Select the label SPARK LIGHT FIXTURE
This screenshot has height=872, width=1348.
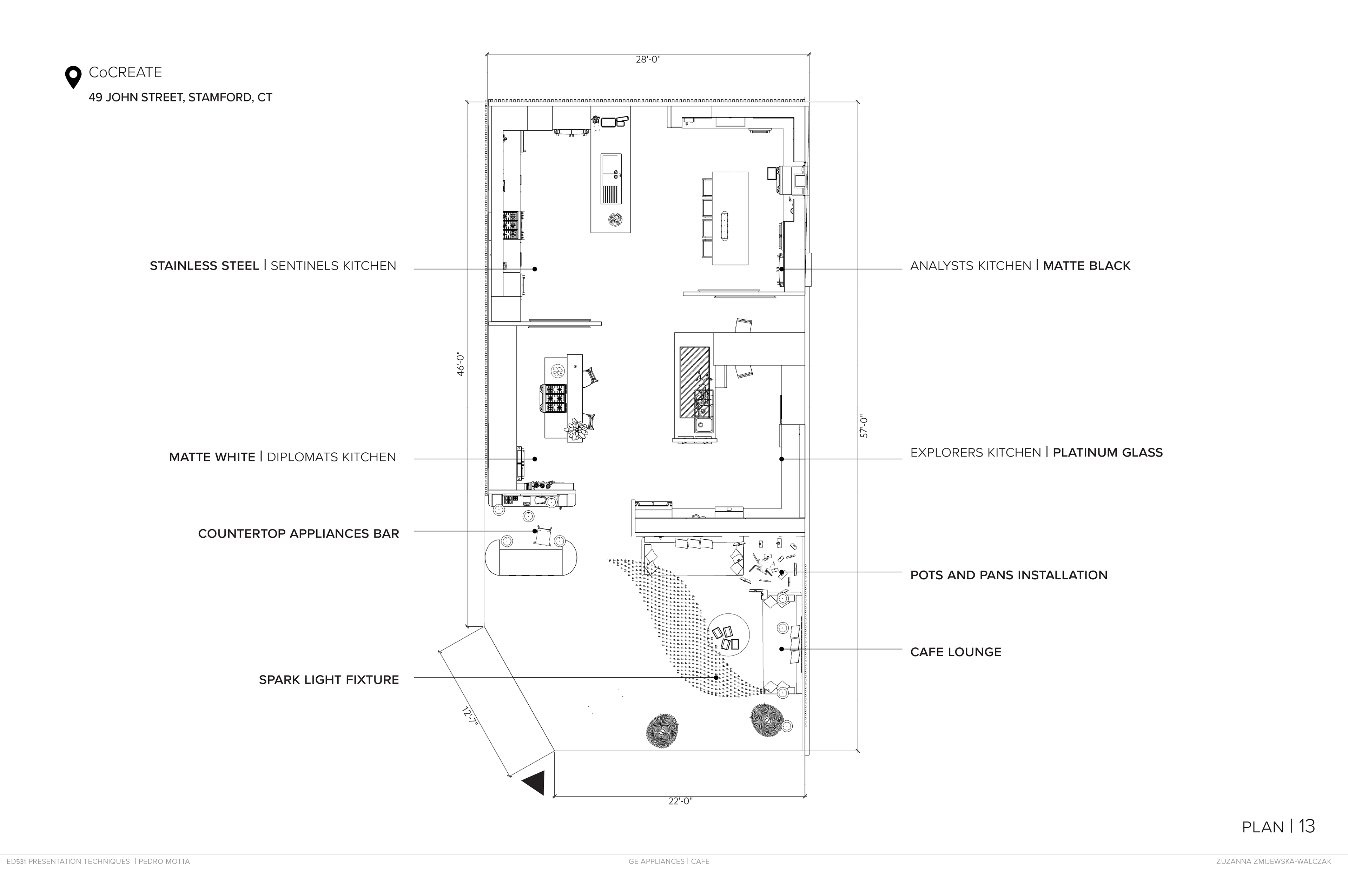(329, 679)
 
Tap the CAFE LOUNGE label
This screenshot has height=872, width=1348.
(956, 652)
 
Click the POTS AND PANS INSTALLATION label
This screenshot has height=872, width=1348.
(1008, 575)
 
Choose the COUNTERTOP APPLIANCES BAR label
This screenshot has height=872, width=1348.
(298, 533)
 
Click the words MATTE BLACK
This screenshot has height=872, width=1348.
(1086, 266)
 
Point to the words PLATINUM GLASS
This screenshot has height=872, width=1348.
(1107, 452)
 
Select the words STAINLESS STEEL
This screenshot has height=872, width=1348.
(204, 266)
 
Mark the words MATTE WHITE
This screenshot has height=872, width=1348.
(212, 457)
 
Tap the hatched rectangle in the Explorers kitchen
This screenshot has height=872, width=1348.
(694, 382)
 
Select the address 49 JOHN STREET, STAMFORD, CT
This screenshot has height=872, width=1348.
(180, 98)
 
